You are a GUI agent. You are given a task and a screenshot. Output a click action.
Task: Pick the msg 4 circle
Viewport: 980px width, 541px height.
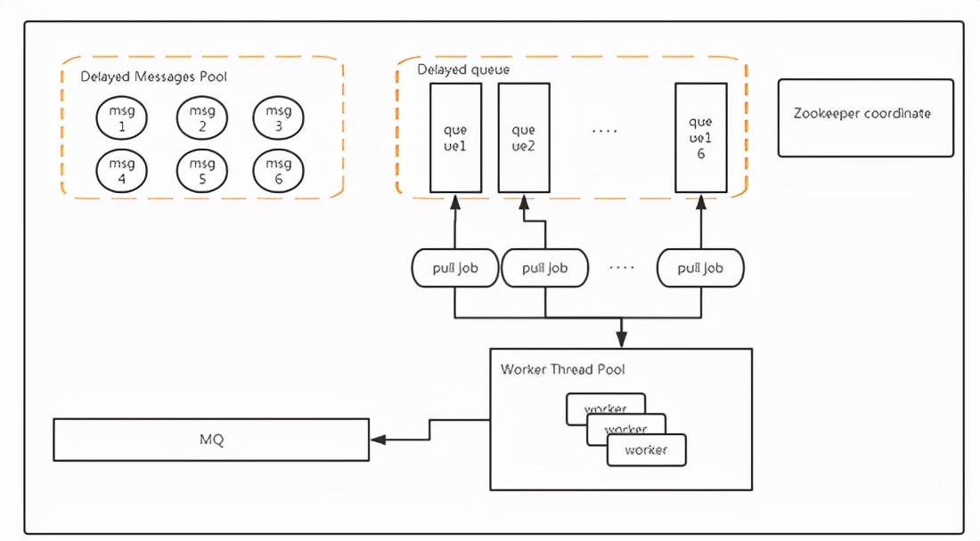tap(121, 170)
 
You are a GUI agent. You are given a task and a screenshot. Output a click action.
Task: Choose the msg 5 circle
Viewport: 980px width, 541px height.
tap(202, 170)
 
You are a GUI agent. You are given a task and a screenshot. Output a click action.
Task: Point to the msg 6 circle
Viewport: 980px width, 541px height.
tap(279, 170)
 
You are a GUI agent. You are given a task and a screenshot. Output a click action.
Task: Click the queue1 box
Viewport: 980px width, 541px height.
tap(455, 138)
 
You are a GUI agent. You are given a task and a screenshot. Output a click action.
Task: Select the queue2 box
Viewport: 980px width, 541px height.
tap(523, 138)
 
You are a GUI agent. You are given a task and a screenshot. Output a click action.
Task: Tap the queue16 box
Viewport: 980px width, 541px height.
tap(700, 138)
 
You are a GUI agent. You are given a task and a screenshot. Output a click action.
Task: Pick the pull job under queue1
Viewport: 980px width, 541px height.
tap(455, 268)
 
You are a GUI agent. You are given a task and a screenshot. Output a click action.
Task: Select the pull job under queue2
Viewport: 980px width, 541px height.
tap(545, 268)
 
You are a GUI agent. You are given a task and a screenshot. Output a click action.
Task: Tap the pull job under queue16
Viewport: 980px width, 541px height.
tap(699, 268)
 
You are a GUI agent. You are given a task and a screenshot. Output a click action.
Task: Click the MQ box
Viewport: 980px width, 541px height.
tap(211, 440)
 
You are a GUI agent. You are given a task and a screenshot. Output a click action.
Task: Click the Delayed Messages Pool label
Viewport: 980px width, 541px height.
tap(153, 77)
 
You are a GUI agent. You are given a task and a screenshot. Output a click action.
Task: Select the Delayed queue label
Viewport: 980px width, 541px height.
tap(463, 69)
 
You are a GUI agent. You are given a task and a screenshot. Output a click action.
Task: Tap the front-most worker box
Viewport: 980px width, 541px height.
tap(646, 450)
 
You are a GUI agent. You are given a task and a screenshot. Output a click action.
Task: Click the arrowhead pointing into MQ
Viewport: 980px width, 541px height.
tap(378, 440)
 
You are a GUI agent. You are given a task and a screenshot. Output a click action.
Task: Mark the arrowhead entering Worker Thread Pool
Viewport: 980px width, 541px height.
tap(621, 341)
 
